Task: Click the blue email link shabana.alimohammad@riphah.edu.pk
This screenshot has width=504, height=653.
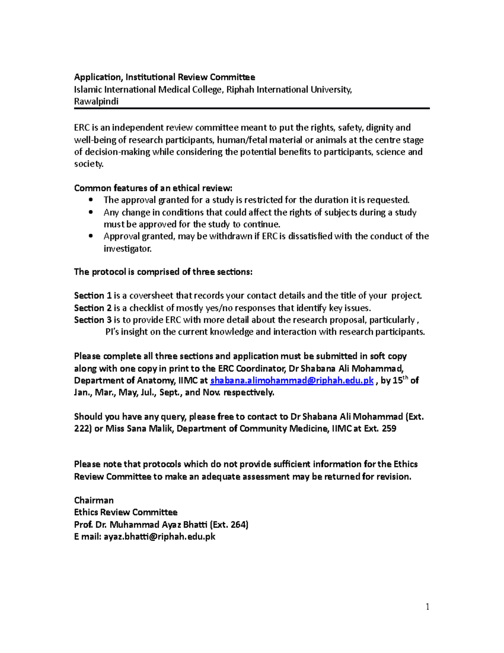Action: click(291, 381)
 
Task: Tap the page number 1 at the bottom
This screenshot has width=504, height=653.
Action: click(428, 606)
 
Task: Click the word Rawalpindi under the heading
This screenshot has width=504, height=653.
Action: click(96, 102)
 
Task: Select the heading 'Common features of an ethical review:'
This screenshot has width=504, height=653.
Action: click(153, 188)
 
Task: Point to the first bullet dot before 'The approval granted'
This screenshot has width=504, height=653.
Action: click(91, 200)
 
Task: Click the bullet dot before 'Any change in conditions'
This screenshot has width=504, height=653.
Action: click(91, 212)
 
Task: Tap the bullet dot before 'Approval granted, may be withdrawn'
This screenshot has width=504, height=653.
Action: click(91, 236)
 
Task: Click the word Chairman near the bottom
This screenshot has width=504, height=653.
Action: click(94, 500)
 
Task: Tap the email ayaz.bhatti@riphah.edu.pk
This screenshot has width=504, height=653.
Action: click(159, 537)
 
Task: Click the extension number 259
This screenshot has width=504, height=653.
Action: click(389, 429)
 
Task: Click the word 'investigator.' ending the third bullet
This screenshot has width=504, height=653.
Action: click(127, 249)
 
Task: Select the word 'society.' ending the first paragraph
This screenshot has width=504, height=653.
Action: click(89, 164)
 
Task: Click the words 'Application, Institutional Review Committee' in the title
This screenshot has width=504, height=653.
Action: click(164, 77)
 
